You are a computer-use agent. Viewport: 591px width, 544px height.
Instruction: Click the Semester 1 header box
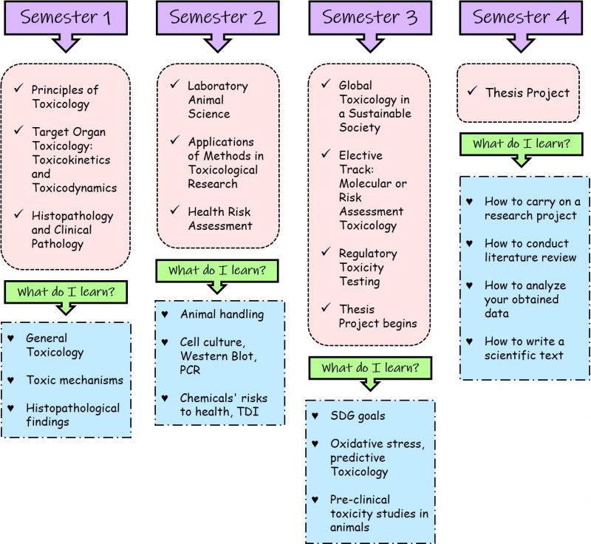point(66,18)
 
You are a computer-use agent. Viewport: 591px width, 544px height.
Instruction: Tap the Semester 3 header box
point(370,18)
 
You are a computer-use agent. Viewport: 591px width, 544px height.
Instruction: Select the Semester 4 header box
point(521,18)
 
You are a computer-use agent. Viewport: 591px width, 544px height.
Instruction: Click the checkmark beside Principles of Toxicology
point(19,88)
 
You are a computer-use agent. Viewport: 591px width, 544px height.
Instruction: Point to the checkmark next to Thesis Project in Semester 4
point(472,91)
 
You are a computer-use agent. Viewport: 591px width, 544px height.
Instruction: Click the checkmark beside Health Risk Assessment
point(174,210)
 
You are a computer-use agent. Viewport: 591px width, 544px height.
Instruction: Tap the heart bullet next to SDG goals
point(315,415)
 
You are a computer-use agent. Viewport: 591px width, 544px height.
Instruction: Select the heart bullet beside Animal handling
point(165,313)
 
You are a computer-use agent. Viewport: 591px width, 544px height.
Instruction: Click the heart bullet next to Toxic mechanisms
point(10,380)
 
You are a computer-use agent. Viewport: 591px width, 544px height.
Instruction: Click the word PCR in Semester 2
point(190,370)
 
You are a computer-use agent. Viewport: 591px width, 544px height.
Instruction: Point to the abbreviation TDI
point(248,411)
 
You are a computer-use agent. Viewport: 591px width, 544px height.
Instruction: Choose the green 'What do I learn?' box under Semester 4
point(522,143)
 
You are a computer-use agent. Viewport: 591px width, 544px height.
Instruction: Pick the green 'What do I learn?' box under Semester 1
point(66,292)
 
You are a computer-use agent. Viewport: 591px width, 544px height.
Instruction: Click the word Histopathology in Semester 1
point(72,216)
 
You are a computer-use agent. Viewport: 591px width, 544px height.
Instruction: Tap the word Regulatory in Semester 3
point(368,254)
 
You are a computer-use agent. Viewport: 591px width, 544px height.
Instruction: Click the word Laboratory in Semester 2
point(218,86)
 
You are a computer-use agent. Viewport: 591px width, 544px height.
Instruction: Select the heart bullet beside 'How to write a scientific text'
point(469,341)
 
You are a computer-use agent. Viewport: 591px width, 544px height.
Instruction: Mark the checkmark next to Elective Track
point(326,154)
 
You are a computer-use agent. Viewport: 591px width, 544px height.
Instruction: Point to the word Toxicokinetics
point(71,160)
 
